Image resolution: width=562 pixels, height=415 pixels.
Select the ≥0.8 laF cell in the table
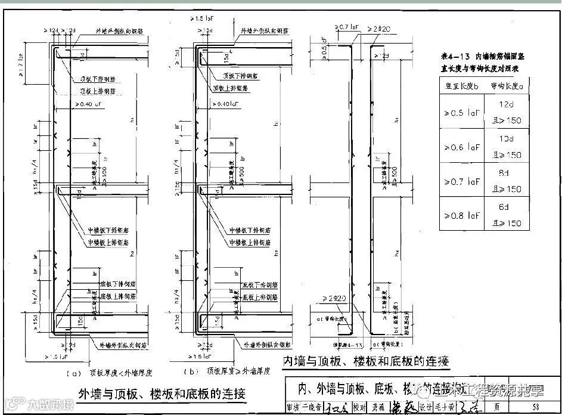(x=462, y=215)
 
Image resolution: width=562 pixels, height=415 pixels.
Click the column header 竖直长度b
(x=462, y=86)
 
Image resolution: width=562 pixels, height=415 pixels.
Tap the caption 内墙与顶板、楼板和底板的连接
(x=366, y=361)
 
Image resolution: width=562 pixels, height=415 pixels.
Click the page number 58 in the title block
(x=536, y=407)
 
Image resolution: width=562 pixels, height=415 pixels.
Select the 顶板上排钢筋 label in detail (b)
(x=232, y=88)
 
